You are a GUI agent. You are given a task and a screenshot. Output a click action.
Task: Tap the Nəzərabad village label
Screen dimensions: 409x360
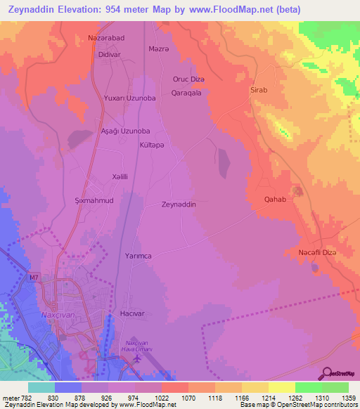click(105, 38)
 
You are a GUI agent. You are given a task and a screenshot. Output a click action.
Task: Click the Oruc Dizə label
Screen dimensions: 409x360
click(188, 79)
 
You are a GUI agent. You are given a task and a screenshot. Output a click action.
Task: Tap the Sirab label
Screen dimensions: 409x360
click(259, 91)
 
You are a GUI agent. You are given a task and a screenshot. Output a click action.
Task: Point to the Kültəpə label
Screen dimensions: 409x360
click(152, 145)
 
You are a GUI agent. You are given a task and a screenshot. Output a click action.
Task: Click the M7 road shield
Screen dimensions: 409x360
click(34, 279)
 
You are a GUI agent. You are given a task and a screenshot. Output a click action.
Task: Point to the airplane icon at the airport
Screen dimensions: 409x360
click(136, 358)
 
